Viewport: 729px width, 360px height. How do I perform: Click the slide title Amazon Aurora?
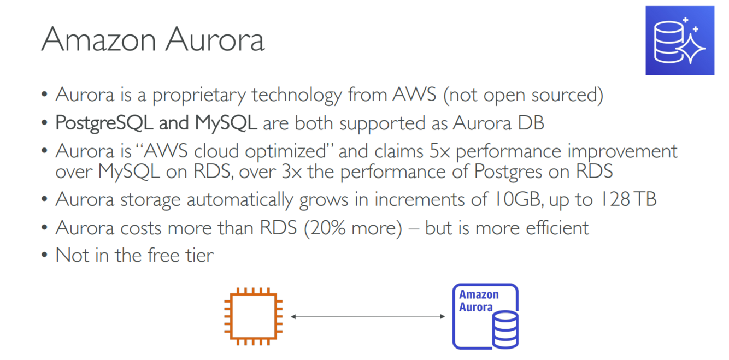[x=152, y=39]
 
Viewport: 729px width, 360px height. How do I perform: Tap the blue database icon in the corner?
[x=679, y=40]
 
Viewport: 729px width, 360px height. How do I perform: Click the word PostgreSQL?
[x=104, y=123]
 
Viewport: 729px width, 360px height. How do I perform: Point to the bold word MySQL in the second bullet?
[x=226, y=123]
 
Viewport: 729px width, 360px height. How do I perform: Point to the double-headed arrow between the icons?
[x=367, y=316]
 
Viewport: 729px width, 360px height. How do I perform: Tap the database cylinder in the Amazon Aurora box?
[x=504, y=329]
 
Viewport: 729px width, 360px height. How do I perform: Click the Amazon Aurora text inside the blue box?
[x=478, y=300]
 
